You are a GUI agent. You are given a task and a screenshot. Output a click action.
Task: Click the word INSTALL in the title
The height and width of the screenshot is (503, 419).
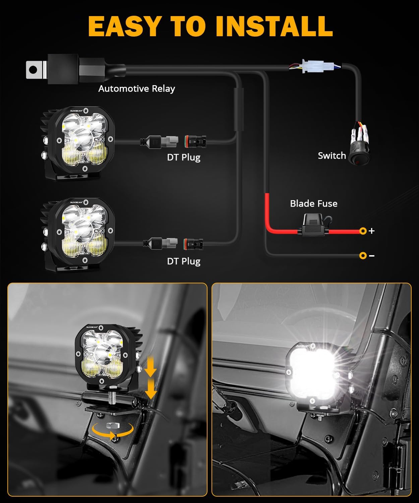[x=274, y=26]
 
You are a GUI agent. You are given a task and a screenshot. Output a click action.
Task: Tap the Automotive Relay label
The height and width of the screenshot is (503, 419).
[x=136, y=89]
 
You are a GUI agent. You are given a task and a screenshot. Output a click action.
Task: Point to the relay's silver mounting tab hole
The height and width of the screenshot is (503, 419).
[x=33, y=70]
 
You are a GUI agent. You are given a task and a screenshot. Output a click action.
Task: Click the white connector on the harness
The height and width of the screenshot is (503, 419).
[x=312, y=66]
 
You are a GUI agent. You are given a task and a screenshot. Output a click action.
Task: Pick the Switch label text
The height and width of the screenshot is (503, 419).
[x=332, y=156]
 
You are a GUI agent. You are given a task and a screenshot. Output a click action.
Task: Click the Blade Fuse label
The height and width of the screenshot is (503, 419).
[x=313, y=204]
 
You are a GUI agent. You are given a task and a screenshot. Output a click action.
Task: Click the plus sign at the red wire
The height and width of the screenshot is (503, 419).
[x=371, y=231]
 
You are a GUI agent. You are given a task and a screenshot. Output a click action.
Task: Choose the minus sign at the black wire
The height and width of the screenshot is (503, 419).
[x=371, y=256]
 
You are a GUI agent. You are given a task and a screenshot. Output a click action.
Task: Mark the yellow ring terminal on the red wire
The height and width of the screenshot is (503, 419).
[x=363, y=231]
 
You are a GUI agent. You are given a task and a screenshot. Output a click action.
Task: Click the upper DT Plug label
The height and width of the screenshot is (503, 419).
[x=184, y=157]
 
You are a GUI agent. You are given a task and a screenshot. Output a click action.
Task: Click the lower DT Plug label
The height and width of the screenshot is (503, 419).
[x=184, y=261]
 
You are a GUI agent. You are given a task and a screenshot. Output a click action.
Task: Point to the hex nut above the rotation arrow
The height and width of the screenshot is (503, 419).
[x=113, y=426]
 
